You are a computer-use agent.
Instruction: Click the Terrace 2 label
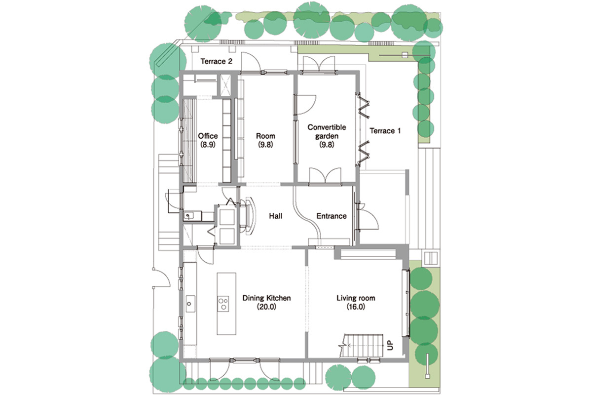(216, 61)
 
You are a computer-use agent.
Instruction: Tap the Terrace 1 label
(385, 131)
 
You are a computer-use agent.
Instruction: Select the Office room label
(208, 140)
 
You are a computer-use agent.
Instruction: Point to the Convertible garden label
(327, 136)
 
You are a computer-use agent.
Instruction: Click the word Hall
(276, 216)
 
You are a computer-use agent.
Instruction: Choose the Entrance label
(332, 216)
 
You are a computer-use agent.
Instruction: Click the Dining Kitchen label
(266, 302)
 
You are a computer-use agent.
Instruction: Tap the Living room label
(356, 302)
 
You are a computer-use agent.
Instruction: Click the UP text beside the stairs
(390, 345)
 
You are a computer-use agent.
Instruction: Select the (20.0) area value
(266, 307)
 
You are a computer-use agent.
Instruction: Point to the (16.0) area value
(356, 307)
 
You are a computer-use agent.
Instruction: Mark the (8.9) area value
(208, 145)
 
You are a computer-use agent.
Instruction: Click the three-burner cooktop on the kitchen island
(223, 304)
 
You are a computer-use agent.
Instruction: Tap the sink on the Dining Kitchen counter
(190, 304)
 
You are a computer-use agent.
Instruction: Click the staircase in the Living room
(362, 346)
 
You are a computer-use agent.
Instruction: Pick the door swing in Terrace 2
(251, 62)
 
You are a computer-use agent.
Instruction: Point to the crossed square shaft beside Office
(225, 85)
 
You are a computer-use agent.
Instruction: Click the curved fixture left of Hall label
(251, 216)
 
